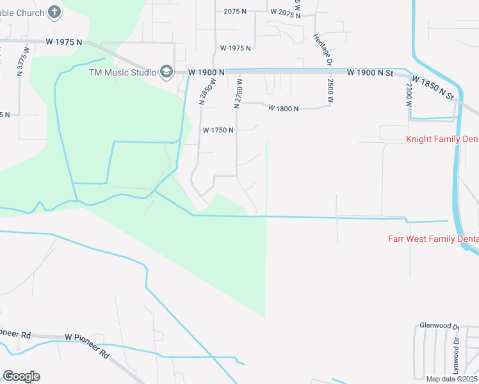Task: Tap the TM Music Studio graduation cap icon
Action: [x=166, y=72]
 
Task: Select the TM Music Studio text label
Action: [x=122, y=72]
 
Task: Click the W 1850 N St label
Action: [x=433, y=88]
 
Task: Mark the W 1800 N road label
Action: [x=284, y=109]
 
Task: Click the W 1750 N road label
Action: [x=218, y=130]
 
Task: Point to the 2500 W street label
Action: [x=330, y=91]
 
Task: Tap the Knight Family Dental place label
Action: [x=442, y=139]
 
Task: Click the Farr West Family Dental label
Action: [x=434, y=239]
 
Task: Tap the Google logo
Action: [x=22, y=376]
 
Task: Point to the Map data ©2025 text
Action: [x=451, y=379]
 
